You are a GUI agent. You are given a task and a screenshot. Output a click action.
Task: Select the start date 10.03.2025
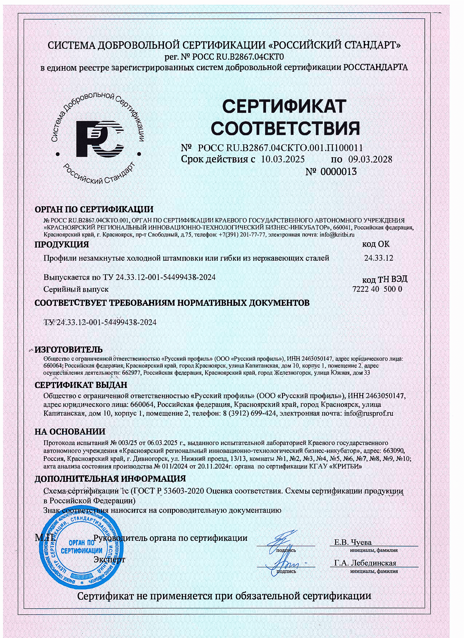pos(283,159)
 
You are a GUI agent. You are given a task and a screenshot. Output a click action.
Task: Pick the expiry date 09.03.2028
pos(370,159)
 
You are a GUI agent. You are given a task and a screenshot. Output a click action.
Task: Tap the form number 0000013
pos(338,172)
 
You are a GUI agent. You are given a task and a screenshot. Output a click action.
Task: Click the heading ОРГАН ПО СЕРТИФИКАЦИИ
pos(94,209)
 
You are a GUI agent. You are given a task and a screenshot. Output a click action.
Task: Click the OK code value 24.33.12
pos(378,258)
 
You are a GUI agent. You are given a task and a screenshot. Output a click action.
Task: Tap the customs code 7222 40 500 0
pos(377,289)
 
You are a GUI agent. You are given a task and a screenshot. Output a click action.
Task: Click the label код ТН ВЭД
pos(384,280)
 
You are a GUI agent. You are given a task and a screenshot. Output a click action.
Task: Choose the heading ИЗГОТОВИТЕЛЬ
pos(68,350)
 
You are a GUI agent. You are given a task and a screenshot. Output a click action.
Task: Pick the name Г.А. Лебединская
pos(365,563)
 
